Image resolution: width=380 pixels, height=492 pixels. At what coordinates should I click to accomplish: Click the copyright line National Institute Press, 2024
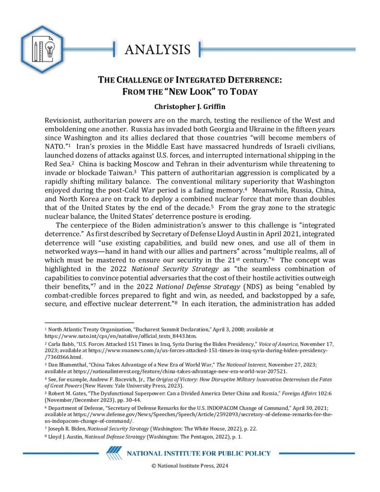pos(190,465)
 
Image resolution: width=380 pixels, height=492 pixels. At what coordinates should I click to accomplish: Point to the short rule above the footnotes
pos(89,322)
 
